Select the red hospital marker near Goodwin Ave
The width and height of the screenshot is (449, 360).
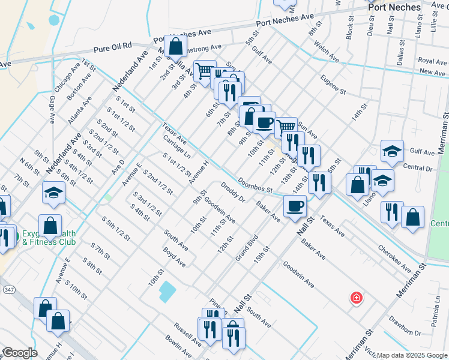click(356, 298)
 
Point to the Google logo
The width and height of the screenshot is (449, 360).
click(20, 353)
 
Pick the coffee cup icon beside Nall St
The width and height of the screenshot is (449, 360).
click(294, 207)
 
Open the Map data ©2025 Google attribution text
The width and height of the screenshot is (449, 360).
click(412, 355)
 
